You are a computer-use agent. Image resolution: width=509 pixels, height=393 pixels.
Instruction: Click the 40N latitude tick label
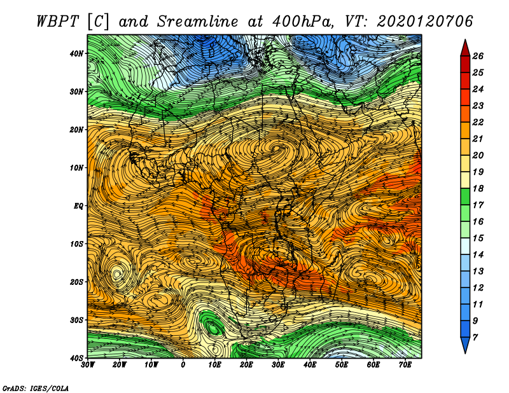pyautogui.click(x=76, y=53)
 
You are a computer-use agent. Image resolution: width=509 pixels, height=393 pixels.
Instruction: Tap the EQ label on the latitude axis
pyautogui.click(x=78, y=206)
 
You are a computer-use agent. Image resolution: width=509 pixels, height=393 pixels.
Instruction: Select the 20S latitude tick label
pyautogui.click(x=76, y=282)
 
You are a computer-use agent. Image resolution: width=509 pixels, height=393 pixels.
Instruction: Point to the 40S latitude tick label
pyautogui.click(x=76, y=358)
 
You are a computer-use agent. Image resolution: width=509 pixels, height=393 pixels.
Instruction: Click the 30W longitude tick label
pyautogui.click(x=88, y=365)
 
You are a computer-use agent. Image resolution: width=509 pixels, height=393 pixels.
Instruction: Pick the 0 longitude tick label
pyautogui.click(x=183, y=365)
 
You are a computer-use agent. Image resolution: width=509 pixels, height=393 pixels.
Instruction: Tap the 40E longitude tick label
pyautogui.click(x=310, y=365)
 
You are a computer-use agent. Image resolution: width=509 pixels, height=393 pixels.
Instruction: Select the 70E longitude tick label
pyautogui.click(x=405, y=365)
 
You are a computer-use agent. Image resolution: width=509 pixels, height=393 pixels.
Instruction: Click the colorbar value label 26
pyautogui.click(x=478, y=56)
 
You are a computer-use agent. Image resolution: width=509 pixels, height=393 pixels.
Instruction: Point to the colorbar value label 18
pyautogui.click(x=478, y=188)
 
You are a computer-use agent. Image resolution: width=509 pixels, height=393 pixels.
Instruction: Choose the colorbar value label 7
pyautogui.click(x=475, y=338)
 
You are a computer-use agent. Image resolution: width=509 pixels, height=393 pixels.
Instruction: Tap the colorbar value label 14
pyautogui.click(x=478, y=255)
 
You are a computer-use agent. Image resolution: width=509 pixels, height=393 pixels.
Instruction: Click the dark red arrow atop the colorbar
pyautogui.click(x=465, y=48)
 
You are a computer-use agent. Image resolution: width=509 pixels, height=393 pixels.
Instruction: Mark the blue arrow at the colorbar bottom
pyautogui.click(x=465, y=345)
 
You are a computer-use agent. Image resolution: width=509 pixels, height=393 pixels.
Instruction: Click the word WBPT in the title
pyautogui.click(x=58, y=22)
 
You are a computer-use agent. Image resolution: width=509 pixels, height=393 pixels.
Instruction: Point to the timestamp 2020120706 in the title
pyautogui.click(x=424, y=22)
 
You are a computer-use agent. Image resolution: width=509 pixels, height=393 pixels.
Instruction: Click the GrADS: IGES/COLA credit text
pyautogui.click(x=36, y=389)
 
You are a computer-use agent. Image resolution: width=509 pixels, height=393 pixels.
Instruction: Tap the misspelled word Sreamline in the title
pyautogui.click(x=198, y=22)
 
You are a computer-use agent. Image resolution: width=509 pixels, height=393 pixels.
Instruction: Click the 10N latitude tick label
pyautogui.click(x=76, y=168)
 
